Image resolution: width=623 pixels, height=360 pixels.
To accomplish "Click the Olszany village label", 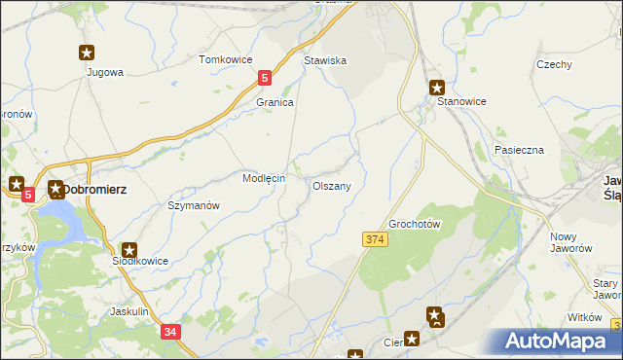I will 338,185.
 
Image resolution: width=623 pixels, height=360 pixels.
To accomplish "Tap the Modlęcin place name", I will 263,179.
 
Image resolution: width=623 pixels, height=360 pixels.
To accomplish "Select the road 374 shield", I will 377,239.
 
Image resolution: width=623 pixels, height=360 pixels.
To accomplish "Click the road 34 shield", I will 171,332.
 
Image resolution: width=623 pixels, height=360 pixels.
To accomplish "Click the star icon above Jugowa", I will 87,54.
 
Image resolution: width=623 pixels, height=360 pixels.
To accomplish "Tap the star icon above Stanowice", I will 437,86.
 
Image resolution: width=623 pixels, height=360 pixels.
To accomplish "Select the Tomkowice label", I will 225,59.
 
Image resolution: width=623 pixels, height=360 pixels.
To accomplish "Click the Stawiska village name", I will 325,60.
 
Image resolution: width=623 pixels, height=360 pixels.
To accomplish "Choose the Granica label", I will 275,102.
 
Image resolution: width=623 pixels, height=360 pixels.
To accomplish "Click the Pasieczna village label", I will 518,151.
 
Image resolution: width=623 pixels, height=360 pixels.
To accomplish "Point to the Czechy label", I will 553,64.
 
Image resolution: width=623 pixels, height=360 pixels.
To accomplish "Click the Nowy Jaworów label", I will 571,242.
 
